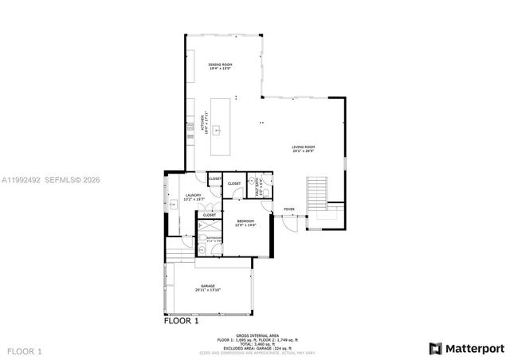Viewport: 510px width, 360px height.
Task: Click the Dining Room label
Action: [219, 67]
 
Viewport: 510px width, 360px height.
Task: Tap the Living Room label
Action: [303, 149]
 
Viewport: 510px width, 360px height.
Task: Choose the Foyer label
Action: [288, 209]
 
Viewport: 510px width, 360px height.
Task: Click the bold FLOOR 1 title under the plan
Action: [181, 323]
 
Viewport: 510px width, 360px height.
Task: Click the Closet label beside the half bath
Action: [234, 184]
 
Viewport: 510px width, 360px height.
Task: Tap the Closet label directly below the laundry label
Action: [209, 215]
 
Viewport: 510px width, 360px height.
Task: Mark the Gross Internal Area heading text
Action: [256, 335]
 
